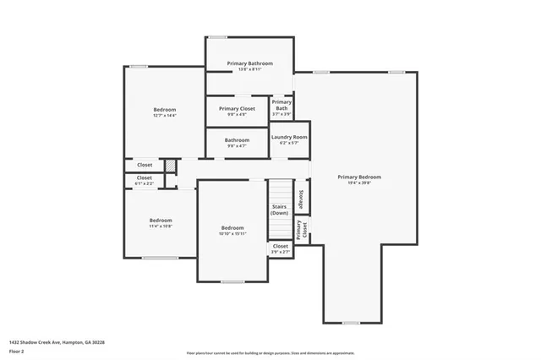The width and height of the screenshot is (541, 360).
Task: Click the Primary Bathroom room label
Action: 249,63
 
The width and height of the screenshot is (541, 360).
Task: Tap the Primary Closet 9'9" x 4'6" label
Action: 237,109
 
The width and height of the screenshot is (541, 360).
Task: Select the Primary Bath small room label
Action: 281,106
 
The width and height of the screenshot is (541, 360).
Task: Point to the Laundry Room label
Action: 289,137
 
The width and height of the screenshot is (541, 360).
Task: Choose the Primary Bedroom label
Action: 359,177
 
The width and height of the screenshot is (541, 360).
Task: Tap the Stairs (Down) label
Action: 280,210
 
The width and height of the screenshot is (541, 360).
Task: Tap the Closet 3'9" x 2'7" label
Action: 280,248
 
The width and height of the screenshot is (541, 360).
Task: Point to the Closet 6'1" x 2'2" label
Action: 145,180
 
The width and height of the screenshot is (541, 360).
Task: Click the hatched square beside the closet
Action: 169,165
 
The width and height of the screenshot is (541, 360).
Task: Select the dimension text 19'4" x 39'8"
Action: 359,183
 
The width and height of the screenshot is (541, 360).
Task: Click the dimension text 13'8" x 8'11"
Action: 249,69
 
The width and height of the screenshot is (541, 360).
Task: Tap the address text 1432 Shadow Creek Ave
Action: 57,341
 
